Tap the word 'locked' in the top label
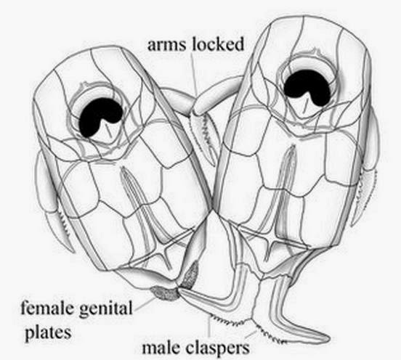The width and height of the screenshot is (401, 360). [x=218, y=44]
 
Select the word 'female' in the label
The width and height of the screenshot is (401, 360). [x=47, y=308]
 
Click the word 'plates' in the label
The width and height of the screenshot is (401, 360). [x=48, y=332]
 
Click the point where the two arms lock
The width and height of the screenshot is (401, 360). [x=195, y=107]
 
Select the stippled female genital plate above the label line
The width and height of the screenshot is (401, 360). [x=166, y=293]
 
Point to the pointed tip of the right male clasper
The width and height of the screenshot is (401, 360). [x=328, y=339]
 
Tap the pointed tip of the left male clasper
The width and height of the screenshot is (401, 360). [x=180, y=290]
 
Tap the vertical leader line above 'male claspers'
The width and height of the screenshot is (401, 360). [x=209, y=329]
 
